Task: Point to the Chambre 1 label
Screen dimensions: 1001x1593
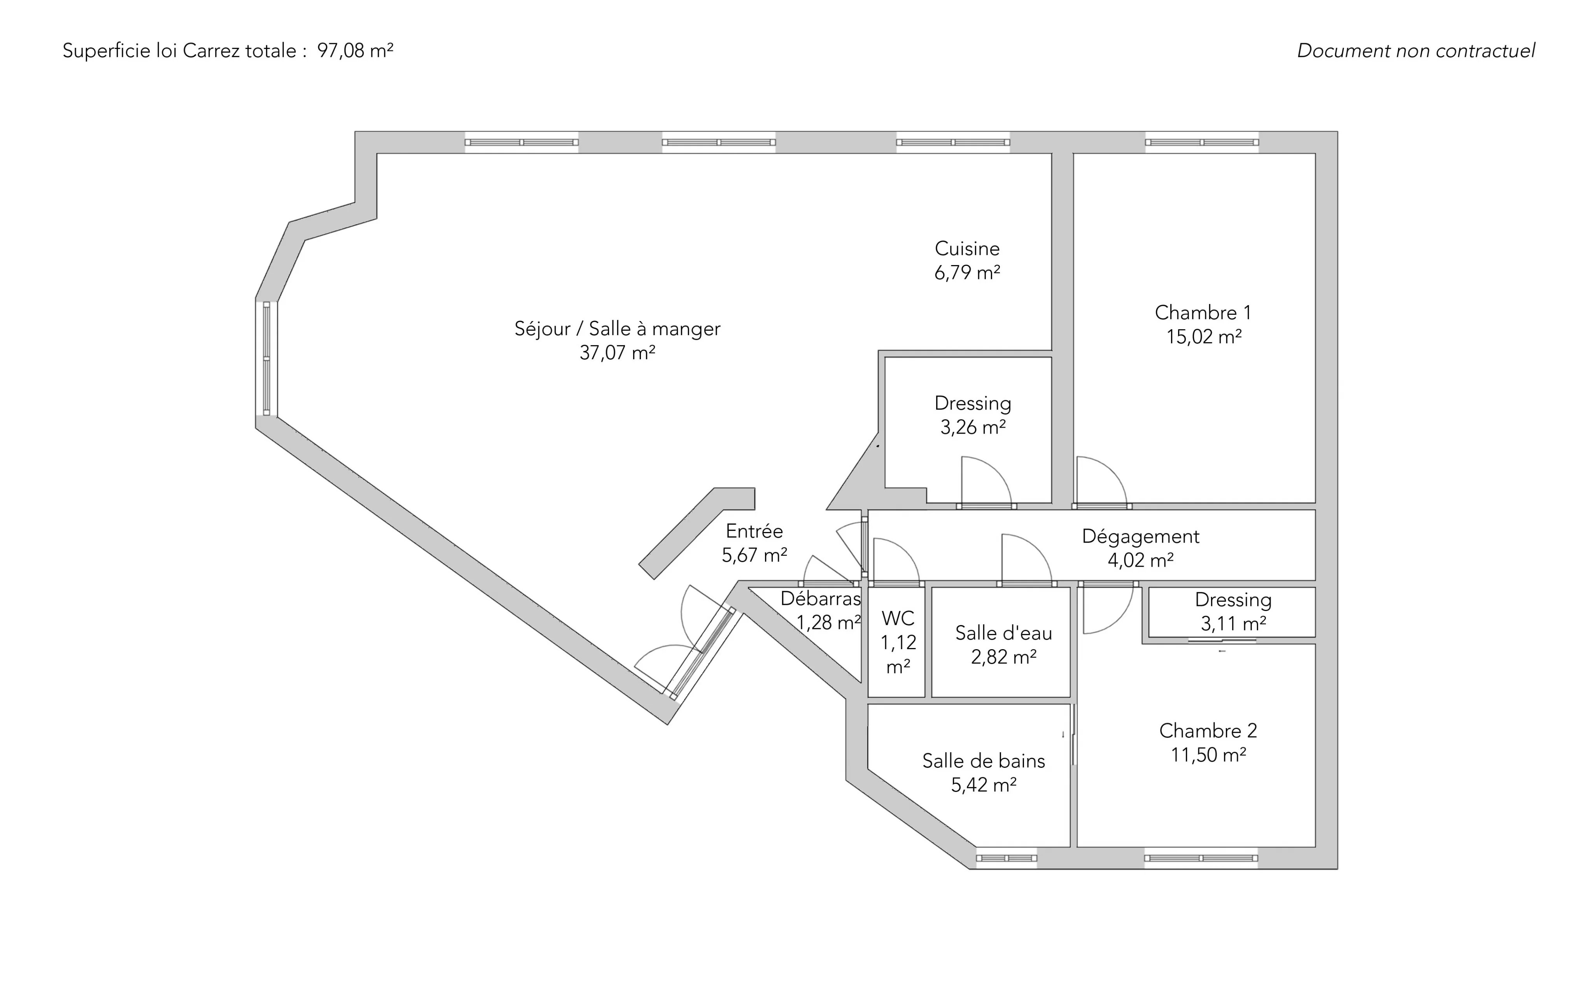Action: [x=1203, y=313]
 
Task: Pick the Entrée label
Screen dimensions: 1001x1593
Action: [x=754, y=531]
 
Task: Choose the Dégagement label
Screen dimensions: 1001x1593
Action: [x=1141, y=536]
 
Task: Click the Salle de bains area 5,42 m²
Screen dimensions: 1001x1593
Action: [x=984, y=785]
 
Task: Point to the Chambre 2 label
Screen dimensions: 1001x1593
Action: [x=1208, y=731]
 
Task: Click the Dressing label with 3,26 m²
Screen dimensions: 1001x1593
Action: [x=972, y=403]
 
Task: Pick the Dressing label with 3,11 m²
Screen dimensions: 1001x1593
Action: [x=1233, y=600]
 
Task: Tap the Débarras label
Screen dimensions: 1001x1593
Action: [x=820, y=599]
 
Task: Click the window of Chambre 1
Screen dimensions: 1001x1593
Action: [x=1201, y=142]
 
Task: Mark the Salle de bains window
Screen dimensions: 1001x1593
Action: [x=1006, y=858]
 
